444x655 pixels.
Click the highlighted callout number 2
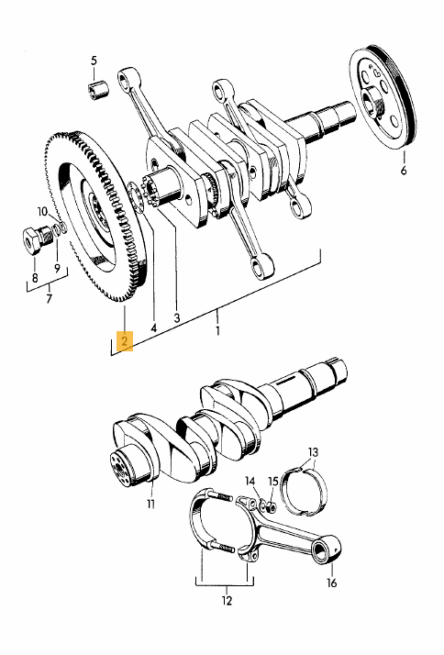tap(125, 341)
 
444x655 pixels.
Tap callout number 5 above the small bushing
tap(94, 61)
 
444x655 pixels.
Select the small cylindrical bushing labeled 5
tap(98, 90)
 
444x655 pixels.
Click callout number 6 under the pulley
tap(404, 170)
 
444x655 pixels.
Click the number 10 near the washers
tap(42, 212)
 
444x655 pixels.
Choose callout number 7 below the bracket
tap(50, 299)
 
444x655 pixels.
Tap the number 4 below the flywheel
tap(154, 327)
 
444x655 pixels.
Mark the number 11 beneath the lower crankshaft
tap(150, 505)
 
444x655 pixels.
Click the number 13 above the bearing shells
tap(313, 452)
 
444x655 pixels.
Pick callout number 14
tap(250, 481)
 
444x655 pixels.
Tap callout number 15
tap(273, 481)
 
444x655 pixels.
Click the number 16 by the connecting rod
tap(331, 583)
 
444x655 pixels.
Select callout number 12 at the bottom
tap(227, 601)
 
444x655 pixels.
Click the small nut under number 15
tap(272, 508)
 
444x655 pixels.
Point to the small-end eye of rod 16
tap(325, 549)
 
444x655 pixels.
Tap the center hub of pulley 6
tap(373, 102)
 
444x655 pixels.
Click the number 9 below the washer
tap(57, 268)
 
